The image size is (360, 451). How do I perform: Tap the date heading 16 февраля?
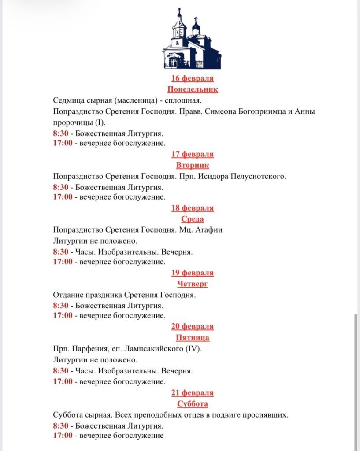click(x=193, y=78)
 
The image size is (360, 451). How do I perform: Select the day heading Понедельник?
click(x=193, y=89)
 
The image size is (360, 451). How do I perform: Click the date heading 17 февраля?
click(x=193, y=154)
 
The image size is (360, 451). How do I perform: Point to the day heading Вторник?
click(x=193, y=165)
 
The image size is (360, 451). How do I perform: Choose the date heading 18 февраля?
click(x=193, y=208)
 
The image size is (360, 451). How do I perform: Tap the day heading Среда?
click(x=193, y=219)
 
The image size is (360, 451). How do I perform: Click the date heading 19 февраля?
click(x=193, y=273)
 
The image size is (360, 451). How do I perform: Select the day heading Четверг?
click(x=193, y=284)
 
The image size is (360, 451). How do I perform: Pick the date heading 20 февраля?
click(x=193, y=326)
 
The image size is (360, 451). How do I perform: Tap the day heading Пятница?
click(x=193, y=337)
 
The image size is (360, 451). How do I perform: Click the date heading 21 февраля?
click(x=193, y=392)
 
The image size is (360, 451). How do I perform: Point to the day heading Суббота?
click(x=193, y=403)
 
